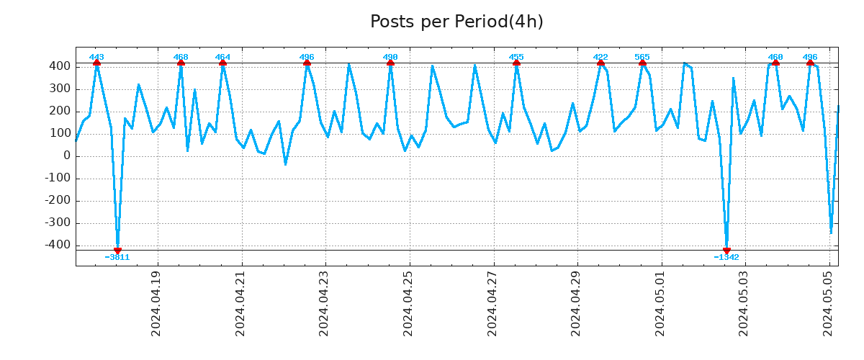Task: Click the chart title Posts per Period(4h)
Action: (456, 22)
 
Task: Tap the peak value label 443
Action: (96, 57)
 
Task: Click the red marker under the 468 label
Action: (181, 63)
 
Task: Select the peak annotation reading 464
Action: (222, 57)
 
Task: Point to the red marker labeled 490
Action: (390, 63)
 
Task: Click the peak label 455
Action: (516, 57)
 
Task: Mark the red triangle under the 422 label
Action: (600, 63)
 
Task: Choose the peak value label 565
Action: (642, 57)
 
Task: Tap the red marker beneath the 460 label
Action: (775, 63)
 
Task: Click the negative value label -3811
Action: (117, 257)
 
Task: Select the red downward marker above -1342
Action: (726, 251)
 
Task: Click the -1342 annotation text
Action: (726, 257)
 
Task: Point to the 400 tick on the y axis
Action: (60, 66)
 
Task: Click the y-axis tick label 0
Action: (66, 156)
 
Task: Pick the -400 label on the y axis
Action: (58, 245)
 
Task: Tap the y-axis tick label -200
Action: (58, 200)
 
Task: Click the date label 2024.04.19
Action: (157, 303)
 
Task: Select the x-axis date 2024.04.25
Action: (408, 303)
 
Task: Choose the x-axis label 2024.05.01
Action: (660, 303)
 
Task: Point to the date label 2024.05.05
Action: (828, 303)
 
